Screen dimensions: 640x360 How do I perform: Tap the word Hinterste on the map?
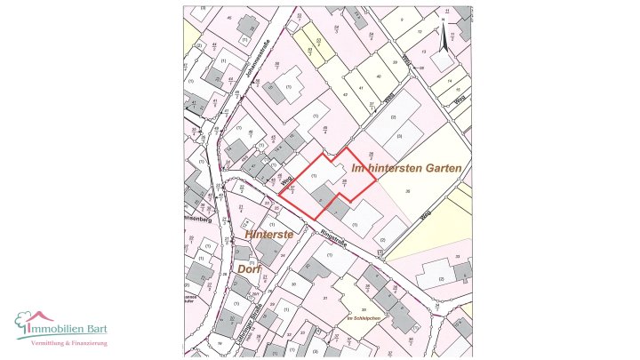tap(269, 234)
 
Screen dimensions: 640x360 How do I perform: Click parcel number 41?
tap(361, 87)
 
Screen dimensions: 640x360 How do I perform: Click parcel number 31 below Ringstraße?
tap(326, 298)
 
